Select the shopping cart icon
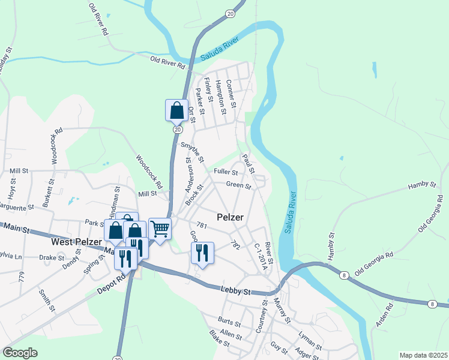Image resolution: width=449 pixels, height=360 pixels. pyautogui.click(x=160, y=228)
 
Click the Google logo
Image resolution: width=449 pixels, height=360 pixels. pyautogui.click(x=19, y=353)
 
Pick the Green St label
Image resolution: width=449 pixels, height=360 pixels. pyautogui.click(x=238, y=185)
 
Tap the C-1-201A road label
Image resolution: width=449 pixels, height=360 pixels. pyautogui.click(x=259, y=256)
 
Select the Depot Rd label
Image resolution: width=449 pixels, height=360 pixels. pyautogui.click(x=112, y=285)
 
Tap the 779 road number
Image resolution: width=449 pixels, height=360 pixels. pyautogui.click(x=22, y=276)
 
